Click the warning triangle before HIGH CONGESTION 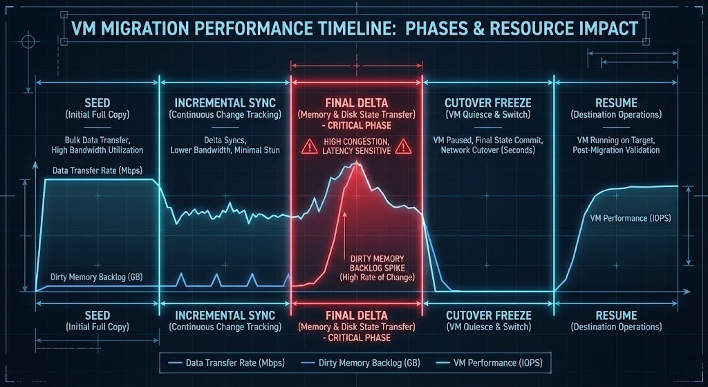[x=307, y=146]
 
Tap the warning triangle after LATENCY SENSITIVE [x=401, y=146]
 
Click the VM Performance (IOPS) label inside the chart [x=630, y=218]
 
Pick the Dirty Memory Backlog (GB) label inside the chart [x=96, y=277]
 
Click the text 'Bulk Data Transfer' [x=97, y=139]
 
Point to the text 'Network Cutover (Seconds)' [x=488, y=150]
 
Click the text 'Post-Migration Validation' [x=616, y=150]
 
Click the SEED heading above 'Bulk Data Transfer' [x=97, y=101]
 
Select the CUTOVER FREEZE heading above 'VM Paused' [x=488, y=101]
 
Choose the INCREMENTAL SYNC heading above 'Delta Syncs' [x=225, y=101]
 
